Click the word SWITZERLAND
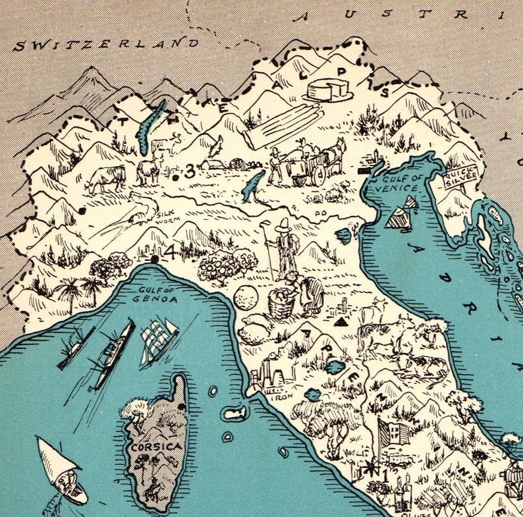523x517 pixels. pyautogui.click(x=105, y=44)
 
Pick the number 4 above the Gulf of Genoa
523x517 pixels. pyautogui.click(x=169, y=252)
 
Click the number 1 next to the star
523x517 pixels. pyautogui.click(x=376, y=472)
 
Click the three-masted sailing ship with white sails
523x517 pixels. pyautogui.click(x=158, y=340)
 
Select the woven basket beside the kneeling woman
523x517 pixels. pyautogui.click(x=281, y=303)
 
